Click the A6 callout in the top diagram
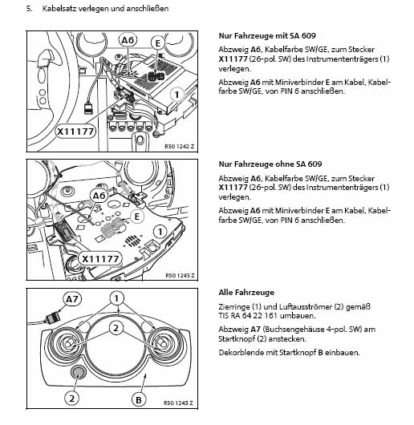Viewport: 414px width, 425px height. point(128,40)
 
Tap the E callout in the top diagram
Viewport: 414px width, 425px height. point(158,43)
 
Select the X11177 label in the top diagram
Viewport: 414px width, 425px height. point(75,132)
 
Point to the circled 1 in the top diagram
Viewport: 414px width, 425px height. point(177,95)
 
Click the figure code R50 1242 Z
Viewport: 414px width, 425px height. point(180,147)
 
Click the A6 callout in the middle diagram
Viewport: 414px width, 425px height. point(99,196)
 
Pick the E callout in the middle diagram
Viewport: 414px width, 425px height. point(137,217)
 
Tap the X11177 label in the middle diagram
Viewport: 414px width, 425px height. point(100,259)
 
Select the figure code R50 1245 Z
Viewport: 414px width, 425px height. point(180,275)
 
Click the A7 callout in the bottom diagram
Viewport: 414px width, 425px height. point(72,299)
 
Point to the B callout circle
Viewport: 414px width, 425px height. point(139,400)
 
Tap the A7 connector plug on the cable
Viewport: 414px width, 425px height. point(53,318)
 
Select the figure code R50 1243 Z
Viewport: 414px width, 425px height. point(178,403)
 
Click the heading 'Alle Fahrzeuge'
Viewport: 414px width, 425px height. point(246,293)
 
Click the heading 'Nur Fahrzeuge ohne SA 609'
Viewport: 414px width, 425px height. point(270,164)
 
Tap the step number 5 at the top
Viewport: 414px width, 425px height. point(29,8)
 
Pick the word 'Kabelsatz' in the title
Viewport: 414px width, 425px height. point(59,8)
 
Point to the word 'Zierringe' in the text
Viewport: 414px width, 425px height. point(233,307)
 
